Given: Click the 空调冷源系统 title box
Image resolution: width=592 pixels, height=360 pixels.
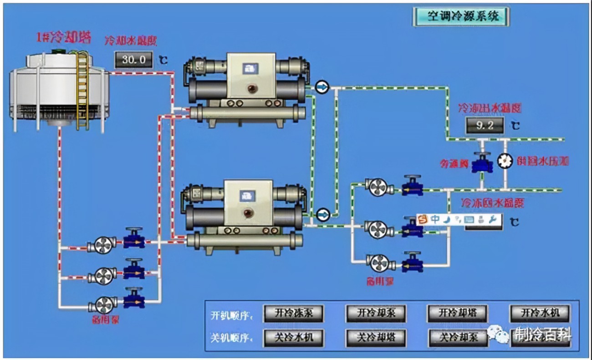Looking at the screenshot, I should point(461,17).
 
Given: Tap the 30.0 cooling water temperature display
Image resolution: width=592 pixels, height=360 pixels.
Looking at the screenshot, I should point(133,59).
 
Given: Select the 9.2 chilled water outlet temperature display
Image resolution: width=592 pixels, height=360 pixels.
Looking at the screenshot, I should point(485,125).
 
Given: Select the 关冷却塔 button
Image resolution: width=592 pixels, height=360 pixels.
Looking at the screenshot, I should point(375,338).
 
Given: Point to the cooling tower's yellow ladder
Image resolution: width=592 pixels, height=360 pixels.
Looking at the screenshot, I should point(82,87).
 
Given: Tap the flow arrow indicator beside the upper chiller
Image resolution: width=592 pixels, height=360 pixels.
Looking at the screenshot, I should point(322,87).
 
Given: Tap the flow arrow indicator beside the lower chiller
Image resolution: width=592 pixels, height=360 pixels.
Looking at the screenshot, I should point(322,214).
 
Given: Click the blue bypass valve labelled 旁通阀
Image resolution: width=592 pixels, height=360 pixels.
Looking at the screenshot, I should point(482,163).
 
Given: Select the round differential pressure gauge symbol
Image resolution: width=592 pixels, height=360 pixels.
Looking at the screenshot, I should point(505,160).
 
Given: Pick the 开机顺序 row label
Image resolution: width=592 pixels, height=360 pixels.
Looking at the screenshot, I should point(231,315).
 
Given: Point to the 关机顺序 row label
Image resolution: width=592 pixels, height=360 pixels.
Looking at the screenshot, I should point(231,338).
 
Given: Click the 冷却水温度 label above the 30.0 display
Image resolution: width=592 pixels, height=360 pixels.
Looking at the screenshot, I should point(131,41).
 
